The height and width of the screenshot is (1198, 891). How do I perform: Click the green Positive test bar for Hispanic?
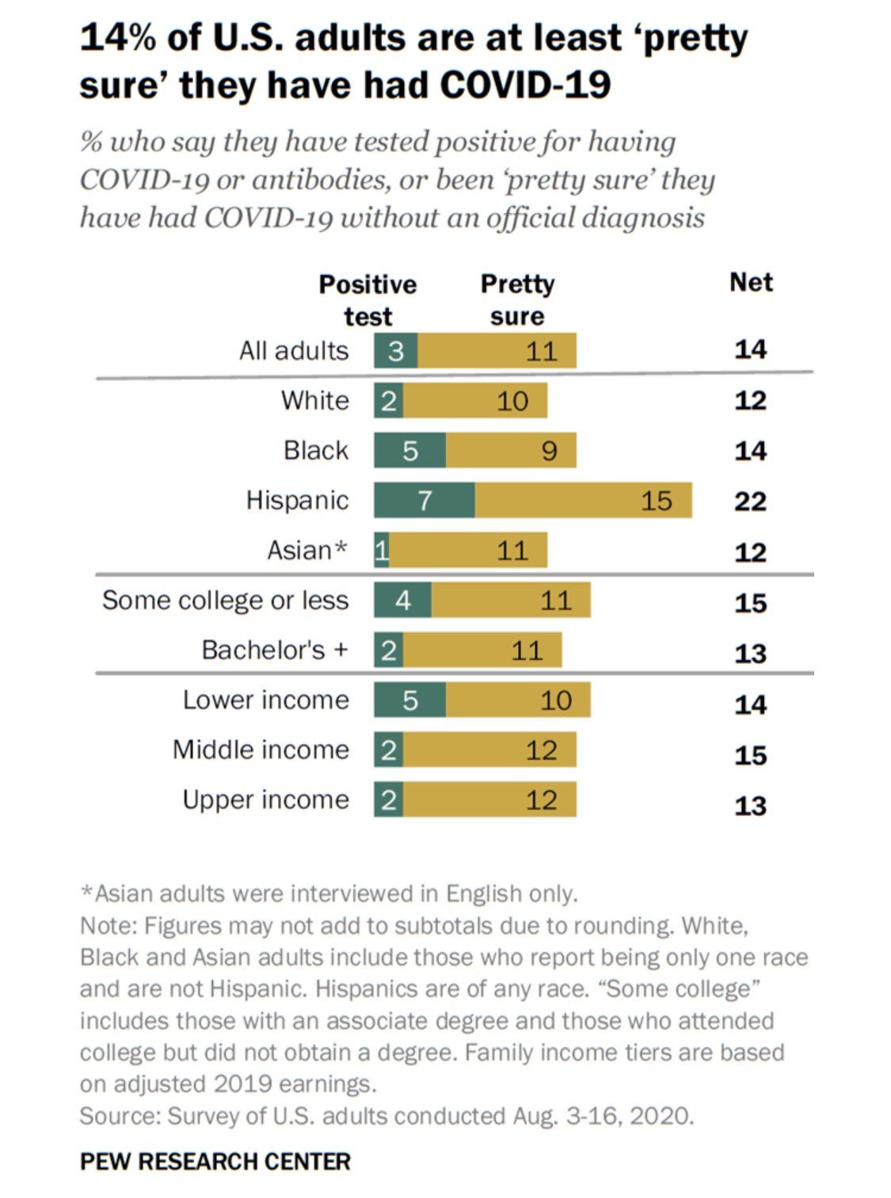[x=425, y=500]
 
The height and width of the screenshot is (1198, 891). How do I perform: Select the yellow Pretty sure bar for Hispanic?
[x=584, y=500]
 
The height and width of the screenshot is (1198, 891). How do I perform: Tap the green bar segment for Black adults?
[x=409, y=450]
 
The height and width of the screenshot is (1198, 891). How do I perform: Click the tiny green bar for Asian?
[x=382, y=550]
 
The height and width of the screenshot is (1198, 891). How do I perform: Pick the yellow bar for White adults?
[x=475, y=400]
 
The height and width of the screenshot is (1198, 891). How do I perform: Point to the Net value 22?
[x=750, y=501]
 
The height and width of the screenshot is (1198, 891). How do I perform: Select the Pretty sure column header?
[x=517, y=299]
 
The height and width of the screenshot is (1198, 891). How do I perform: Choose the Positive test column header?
[x=367, y=299]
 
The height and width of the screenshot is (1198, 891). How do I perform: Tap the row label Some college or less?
[x=225, y=600]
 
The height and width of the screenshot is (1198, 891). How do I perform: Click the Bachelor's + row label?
[x=275, y=650]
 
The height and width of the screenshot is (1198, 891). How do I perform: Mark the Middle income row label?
[x=261, y=750]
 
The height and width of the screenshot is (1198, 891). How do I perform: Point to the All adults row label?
[x=294, y=350]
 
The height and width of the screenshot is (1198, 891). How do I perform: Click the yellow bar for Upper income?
[x=489, y=799]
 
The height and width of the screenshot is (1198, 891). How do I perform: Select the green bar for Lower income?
[x=409, y=700]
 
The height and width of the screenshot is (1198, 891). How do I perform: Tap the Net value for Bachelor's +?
[x=750, y=653]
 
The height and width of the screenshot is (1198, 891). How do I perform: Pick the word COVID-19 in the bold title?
[x=525, y=85]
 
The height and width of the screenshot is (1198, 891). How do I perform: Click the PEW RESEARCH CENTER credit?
[x=215, y=1162]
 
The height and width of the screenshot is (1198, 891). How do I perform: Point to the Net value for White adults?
[x=750, y=400]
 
